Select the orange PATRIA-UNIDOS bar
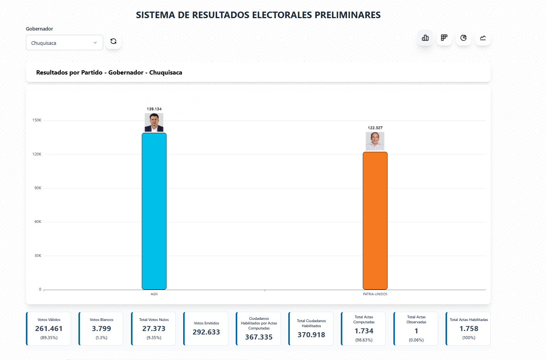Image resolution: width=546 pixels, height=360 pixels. coord(375,221)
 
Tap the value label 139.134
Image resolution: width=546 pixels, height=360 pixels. coord(154,109)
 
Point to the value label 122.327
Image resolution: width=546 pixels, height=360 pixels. coord(375,128)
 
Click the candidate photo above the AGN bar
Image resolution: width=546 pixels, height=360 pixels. coord(154,122)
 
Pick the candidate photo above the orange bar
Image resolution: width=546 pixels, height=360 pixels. coord(375,141)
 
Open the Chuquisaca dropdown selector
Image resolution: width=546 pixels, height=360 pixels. coord(64,43)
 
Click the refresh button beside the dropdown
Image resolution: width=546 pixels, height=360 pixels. coord(114,41)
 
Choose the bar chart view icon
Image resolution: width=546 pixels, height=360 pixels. coord(425,38)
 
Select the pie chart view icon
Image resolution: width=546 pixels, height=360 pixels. coord(464,38)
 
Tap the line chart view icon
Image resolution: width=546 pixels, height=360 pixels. coord(483,38)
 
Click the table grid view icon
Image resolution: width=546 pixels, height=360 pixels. coord(444,38)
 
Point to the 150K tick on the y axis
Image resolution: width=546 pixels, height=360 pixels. coord(37,121)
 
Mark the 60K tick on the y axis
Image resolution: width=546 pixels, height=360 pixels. coord(37,222)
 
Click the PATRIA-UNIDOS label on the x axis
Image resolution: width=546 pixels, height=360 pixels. coord(375,294)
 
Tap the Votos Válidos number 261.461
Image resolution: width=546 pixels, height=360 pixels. coord(49,329)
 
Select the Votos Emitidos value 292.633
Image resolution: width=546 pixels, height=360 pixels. coord(206,332)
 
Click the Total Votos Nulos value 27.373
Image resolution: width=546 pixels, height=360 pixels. coord(154,329)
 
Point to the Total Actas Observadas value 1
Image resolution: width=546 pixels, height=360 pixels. coord(416,331)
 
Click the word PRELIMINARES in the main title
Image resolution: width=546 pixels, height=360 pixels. coord(347,15)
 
